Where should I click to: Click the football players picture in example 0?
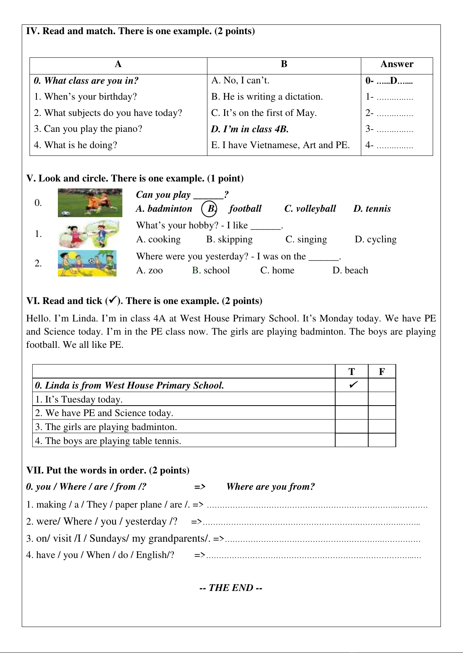(90, 202)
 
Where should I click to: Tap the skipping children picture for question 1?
(89, 233)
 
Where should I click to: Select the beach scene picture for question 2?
(87, 263)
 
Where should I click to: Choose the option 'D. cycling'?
(376, 239)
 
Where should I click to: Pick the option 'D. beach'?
(350, 270)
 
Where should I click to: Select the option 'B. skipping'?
(229, 239)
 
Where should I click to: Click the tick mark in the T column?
(353, 385)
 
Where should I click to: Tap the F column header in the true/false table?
(382, 371)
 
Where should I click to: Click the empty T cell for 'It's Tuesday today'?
(352, 399)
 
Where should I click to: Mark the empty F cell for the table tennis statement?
(382, 441)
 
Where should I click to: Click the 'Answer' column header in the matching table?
(397, 64)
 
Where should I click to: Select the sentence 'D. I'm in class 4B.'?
(250, 129)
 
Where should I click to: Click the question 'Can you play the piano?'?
(88, 129)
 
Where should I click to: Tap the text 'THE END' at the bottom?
(231, 588)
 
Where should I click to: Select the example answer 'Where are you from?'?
(270, 487)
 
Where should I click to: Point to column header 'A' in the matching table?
(118, 64)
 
